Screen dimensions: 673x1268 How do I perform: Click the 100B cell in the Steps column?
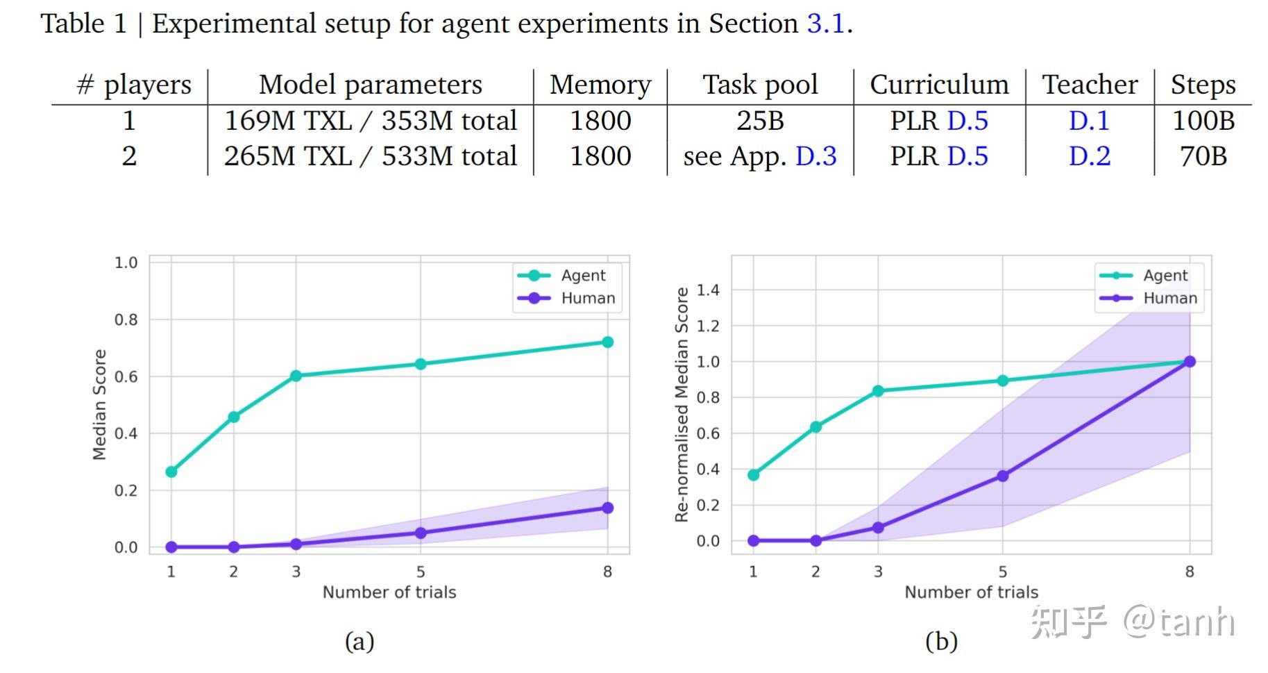click(x=1203, y=121)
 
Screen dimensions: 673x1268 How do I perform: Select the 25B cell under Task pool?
click(x=760, y=121)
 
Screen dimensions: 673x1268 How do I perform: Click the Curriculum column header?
click(x=939, y=85)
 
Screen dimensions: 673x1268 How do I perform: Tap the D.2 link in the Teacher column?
click(x=1089, y=156)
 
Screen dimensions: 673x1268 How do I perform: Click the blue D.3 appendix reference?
click(x=815, y=156)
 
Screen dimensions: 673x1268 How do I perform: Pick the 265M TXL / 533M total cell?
click(x=370, y=156)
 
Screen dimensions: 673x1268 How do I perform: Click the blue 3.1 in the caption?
click(x=825, y=24)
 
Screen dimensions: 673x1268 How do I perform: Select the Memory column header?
click(x=600, y=85)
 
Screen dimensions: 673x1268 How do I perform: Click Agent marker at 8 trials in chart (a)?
click(x=607, y=342)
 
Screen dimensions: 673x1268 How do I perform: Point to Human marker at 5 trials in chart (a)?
click(x=421, y=533)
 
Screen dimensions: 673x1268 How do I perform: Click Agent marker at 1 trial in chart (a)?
click(x=171, y=472)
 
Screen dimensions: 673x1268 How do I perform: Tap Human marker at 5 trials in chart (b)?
click(x=1002, y=476)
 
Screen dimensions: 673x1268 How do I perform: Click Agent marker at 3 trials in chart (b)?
click(x=878, y=391)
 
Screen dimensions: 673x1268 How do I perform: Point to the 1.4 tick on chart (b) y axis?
click(x=708, y=290)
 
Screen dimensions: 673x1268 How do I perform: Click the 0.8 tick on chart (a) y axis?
click(x=126, y=319)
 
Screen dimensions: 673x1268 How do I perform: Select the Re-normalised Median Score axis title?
click(x=682, y=404)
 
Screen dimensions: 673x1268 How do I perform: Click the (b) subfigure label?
click(x=941, y=641)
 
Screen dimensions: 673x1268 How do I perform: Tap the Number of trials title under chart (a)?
click(x=389, y=592)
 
